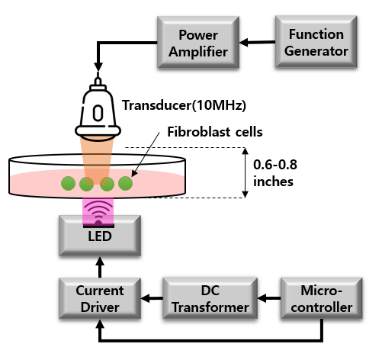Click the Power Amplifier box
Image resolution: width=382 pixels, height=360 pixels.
click(x=198, y=43)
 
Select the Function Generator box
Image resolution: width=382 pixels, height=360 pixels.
click(x=316, y=42)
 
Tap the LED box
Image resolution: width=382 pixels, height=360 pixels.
click(x=100, y=236)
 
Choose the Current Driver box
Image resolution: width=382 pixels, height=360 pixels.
click(x=100, y=298)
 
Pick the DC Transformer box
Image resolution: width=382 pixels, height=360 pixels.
click(x=210, y=298)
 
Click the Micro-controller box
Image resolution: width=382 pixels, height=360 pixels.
click(x=322, y=298)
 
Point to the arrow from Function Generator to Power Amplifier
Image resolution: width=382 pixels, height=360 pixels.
click(x=258, y=42)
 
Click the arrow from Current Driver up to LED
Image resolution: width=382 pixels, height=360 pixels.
click(x=100, y=267)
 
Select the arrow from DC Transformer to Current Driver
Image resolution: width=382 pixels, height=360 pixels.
click(x=152, y=298)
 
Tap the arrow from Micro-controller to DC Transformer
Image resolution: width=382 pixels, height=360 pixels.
click(x=269, y=298)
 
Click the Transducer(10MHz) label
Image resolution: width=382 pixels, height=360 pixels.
click(x=184, y=105)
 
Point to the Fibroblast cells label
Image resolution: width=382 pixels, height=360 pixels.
click(x=215, y=132)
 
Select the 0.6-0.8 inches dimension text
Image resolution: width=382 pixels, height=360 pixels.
click(x=275, y=173)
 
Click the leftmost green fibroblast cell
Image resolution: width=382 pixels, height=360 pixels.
click(x=68, y=183)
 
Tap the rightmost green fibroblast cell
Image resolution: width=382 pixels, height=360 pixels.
click(x=126, y=183)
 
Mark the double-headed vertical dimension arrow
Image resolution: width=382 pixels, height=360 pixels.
click(x=245, y=172)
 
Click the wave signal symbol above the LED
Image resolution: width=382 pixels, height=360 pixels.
click(x=98, y=212)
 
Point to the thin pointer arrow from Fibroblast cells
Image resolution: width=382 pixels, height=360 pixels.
click(x=145, y=154)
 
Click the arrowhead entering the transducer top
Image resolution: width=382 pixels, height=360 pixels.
click(x=98, y=66)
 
